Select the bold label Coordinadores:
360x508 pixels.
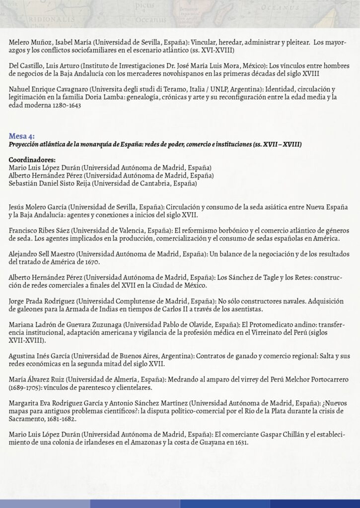click(x=32, y=160)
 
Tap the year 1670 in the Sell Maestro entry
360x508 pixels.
click(x=92, y=262)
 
